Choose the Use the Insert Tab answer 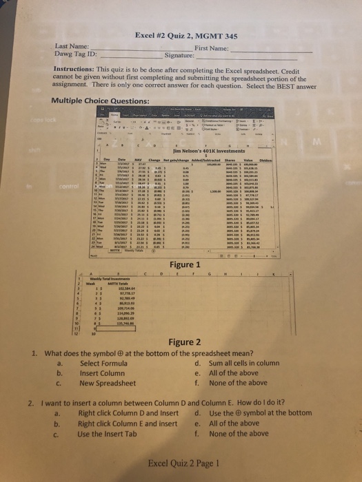112,434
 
